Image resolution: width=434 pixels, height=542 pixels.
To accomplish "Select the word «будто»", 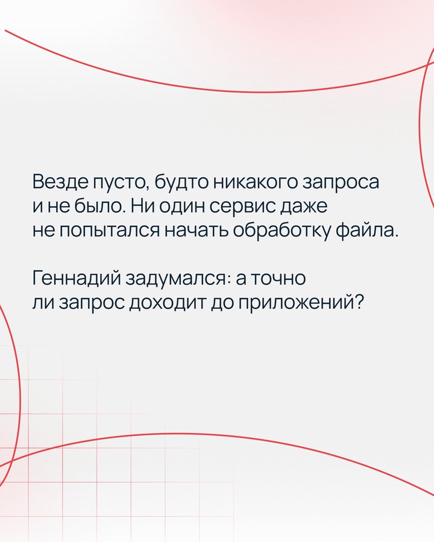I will pyautogui.click(x=175, y=182).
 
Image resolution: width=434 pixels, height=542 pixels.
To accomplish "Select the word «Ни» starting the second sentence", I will pyautogui.click(x=136, y=207).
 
